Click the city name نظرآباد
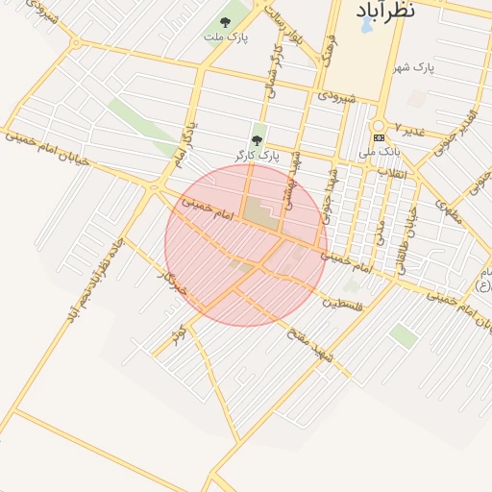click(x=385, y=10)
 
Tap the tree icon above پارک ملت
click(x=225, y=22)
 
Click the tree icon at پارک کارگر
click(x=256, y=140)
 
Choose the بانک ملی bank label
click(x=378, y=152)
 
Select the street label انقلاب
click(x=395, y=174)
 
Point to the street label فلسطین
click(x=342, y=305)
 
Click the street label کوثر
click(x=178, y=337)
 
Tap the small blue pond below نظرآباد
click(x=367, y=25)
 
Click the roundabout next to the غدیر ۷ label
click(x=379, y=125)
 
